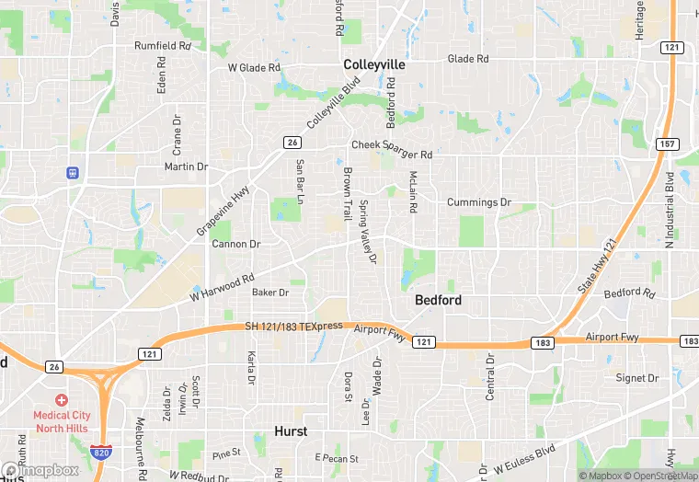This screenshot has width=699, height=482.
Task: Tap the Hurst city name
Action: click(x=291, y=430)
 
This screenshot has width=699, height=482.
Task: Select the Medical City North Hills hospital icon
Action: click(x=62, y=400)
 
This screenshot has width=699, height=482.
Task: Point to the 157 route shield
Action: click(x=668, y=144)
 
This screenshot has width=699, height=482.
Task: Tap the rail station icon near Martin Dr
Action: click(x=72, y=172)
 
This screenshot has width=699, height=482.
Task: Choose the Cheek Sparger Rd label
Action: click(x=391, y=145)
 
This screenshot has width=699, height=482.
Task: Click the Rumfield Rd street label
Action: click(x=163, y=45)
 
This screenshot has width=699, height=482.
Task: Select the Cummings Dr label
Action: click(x=478, y=202)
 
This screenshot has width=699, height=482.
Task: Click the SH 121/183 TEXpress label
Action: click(x=294, y=327)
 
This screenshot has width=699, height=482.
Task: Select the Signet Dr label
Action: click(x=637, y=378)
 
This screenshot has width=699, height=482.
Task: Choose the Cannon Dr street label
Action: click(x=236, y=245)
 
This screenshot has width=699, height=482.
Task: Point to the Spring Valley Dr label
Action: click(x=368, y=232)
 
